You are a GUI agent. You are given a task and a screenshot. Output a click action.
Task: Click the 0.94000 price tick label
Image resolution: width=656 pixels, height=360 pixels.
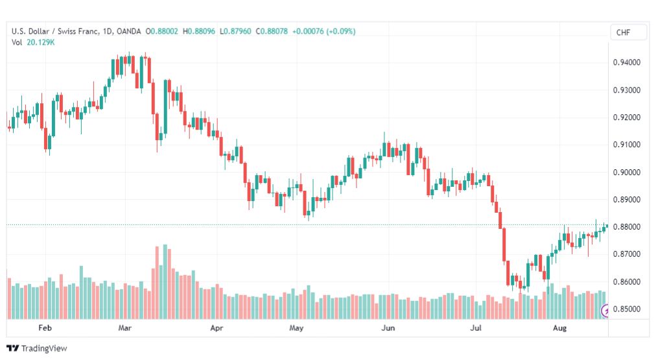tap(626, 62)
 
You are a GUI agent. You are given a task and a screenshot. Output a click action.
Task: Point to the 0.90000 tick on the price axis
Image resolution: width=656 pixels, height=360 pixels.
tap(626, 173)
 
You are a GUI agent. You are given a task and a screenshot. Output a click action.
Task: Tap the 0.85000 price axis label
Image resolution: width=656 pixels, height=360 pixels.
tap(626, 309)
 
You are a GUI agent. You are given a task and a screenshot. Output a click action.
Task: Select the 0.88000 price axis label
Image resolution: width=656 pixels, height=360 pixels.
tap(626, 227)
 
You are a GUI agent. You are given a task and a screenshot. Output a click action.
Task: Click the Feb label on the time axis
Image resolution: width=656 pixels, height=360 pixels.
tap(45, 328)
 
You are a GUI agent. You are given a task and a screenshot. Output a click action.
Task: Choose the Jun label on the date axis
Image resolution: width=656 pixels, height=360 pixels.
tap(388, 328)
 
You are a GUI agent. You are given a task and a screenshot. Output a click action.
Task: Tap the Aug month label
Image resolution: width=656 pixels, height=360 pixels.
tap(559, 328)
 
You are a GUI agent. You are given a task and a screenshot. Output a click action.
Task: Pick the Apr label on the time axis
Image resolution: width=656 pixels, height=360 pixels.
tap(217, 328)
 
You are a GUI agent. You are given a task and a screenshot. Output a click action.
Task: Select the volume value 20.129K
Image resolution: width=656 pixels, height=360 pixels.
tap(41, 42)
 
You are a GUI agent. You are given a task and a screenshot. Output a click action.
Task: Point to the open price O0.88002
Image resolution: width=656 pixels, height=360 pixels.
tap(162, 31)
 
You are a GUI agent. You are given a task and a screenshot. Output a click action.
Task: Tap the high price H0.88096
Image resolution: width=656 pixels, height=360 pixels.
tap(199, 31)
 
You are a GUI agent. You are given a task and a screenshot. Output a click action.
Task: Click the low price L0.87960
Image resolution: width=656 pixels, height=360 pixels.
tap(235, 31)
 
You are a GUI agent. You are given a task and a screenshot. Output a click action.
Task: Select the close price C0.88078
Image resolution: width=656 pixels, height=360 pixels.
tap(272, 31)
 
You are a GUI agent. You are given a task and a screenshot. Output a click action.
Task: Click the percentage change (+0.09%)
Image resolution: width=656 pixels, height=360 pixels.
tap(341, 31)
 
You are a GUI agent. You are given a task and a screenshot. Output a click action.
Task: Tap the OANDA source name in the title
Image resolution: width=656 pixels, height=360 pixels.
tap(129, 31)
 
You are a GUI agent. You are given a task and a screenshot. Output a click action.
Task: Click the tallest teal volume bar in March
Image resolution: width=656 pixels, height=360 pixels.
tap(165, 282)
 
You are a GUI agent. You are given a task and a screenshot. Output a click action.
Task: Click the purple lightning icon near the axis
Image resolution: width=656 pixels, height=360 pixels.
tap(605, 311)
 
